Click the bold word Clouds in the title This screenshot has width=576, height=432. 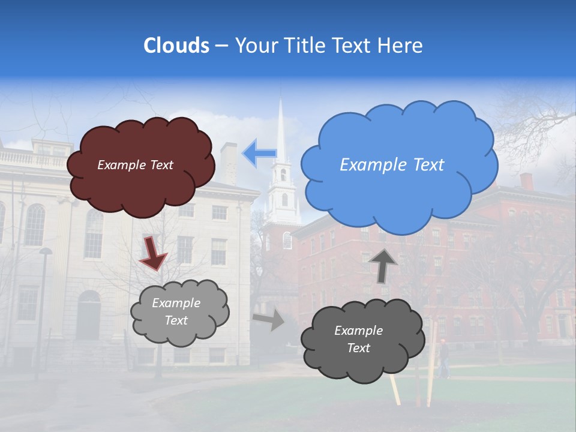click(x=176, y=46)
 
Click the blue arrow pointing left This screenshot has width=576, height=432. click(x=259, y=153)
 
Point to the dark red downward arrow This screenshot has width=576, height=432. click(x=152, y=253)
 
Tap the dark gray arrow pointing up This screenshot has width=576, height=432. click(x=383, y=265)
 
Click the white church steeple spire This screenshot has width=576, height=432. click(x=280, y=129)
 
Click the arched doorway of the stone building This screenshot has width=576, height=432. click(x=88, y=315)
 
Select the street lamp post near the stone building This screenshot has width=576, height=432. click(x=43, y=306)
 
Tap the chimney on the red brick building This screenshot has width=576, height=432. click(x=526, y=181)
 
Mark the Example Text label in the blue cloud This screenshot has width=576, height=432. click(x=392, y=164)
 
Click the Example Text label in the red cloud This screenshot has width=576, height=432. click(x=135, y=164)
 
